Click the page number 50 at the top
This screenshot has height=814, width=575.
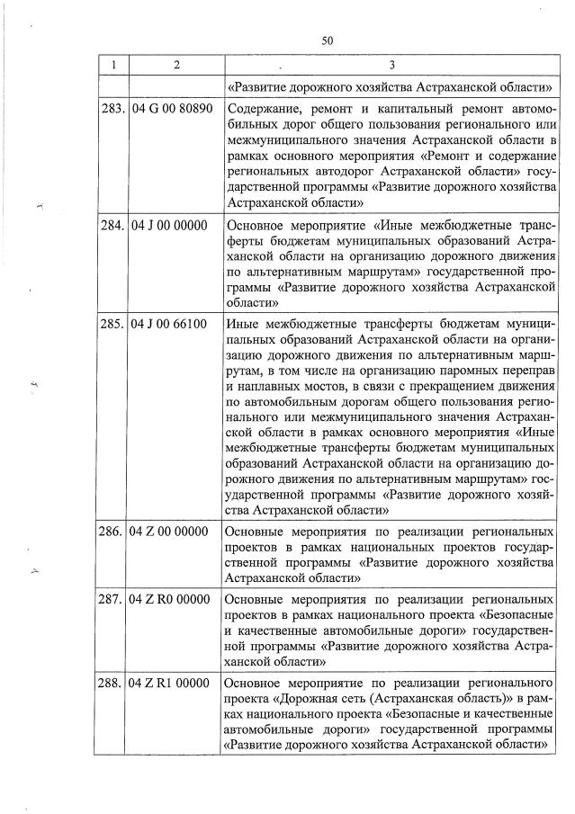click(327, 40)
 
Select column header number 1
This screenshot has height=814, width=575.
click(112, 65)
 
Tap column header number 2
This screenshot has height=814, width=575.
click(175, 65)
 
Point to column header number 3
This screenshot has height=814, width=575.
click(391, 65)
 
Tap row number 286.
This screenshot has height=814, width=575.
click(112, 531)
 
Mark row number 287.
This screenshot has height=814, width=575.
click(112, 599)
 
